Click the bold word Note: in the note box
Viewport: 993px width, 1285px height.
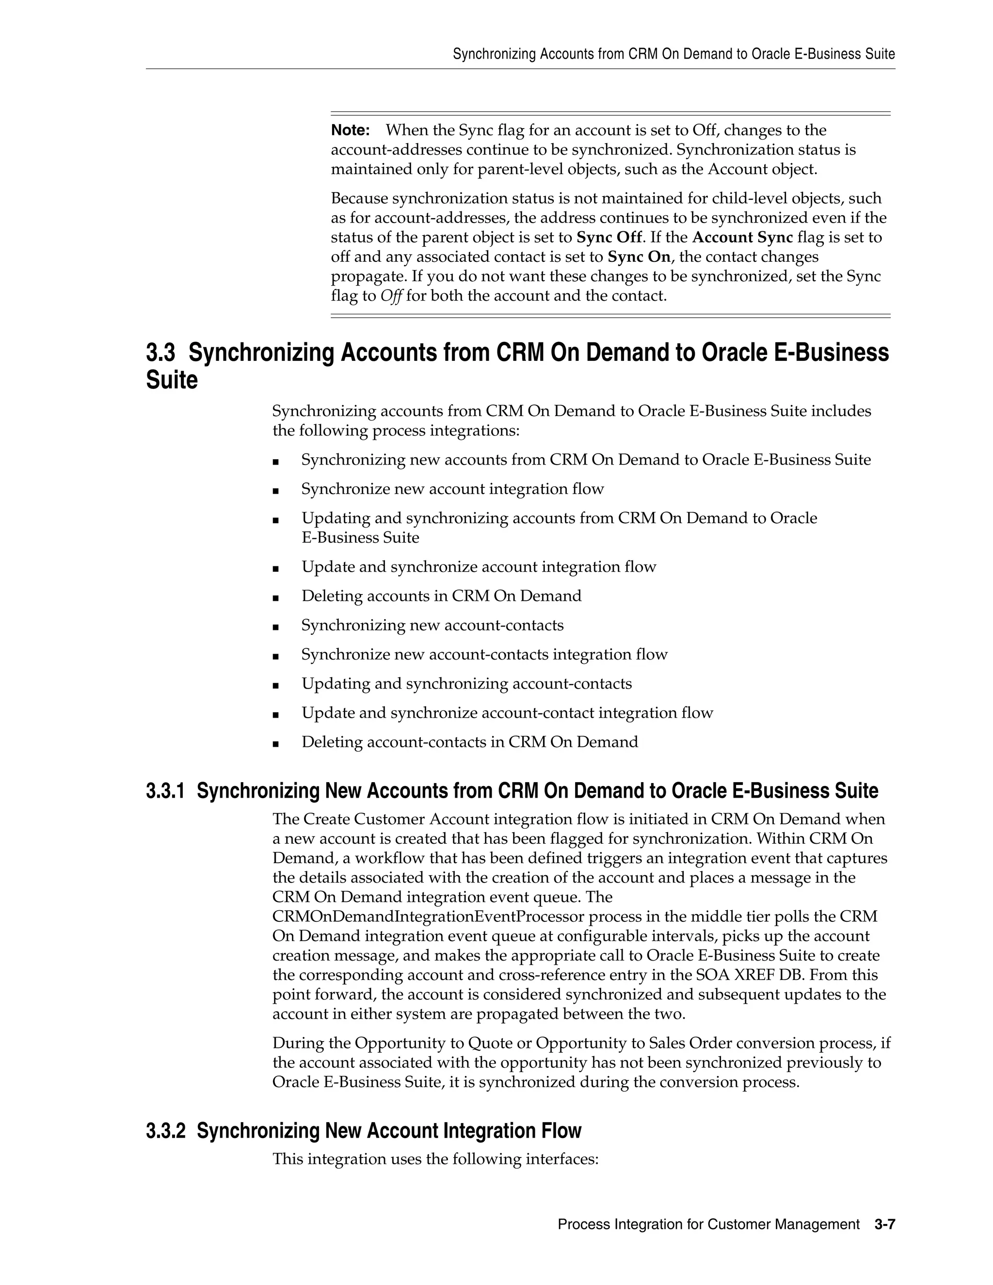(350, 130)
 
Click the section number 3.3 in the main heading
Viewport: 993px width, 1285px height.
(160, 353)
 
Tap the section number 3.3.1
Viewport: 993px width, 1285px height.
(165, 791)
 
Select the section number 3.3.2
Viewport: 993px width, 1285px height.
(165, 1131)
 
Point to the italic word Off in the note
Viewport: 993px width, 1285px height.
(391, 296)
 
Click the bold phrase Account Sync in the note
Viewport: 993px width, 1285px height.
(742, 238)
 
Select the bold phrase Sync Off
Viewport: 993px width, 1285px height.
(609, 238)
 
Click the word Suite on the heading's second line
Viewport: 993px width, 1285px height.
(172, 380)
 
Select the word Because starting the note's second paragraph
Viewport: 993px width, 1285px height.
(359, 198)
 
